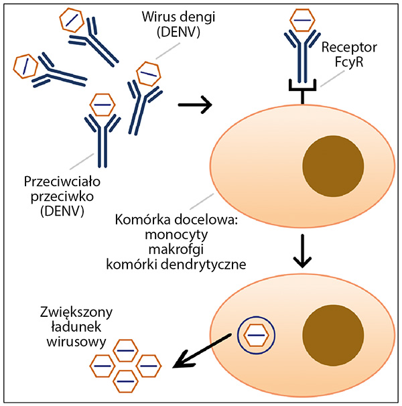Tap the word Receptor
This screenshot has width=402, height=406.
[x=350, y=48]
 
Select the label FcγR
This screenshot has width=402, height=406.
[x=350, y=64]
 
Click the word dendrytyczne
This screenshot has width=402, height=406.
[x=208, y=264]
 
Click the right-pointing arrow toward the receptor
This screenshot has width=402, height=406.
[x=196, y=105]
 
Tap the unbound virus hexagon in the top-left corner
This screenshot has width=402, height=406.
[x=72, y=20]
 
